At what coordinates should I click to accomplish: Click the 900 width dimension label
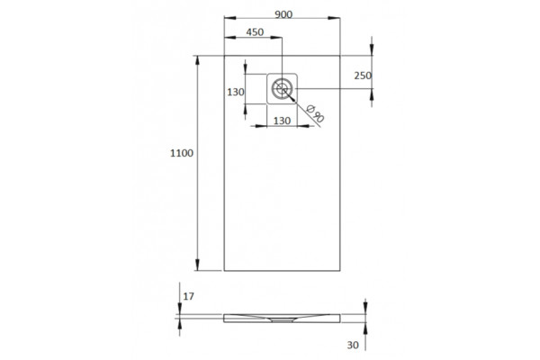point(283,14)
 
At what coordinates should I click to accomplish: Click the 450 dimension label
point(255,32)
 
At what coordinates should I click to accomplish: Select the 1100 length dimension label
point(182,153)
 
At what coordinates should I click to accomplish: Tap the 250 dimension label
point(363,76)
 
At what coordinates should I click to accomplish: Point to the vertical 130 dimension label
point(236,92)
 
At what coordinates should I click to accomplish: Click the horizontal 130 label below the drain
point(282,121)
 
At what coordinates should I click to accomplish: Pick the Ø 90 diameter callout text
point(315,112)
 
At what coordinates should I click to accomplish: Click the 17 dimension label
point(188,296)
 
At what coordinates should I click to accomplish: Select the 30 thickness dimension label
point(353,345)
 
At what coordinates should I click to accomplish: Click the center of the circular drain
point(282,88)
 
